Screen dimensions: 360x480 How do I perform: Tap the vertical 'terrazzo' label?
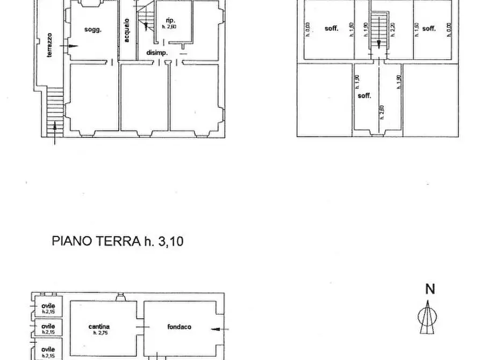[x=48, y=45]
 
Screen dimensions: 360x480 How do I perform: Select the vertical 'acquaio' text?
[x=126, y=31]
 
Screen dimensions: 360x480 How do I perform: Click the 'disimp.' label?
[x=157, y=53]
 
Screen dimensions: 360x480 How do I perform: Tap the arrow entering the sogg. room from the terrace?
[x=63, y=47]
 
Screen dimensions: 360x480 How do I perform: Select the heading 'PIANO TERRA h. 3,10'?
[x=118, y=241]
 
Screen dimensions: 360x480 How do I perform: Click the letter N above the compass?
[x=429, y=289]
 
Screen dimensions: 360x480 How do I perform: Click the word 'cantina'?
[x=99, y=326]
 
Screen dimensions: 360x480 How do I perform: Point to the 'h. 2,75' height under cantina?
[x=99, y=333]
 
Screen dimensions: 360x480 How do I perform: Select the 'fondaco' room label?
[x=179, y=326]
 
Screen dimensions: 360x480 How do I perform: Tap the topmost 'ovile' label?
[x=48, y=306]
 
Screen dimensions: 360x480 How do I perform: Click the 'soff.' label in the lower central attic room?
[x=364, y=96]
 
